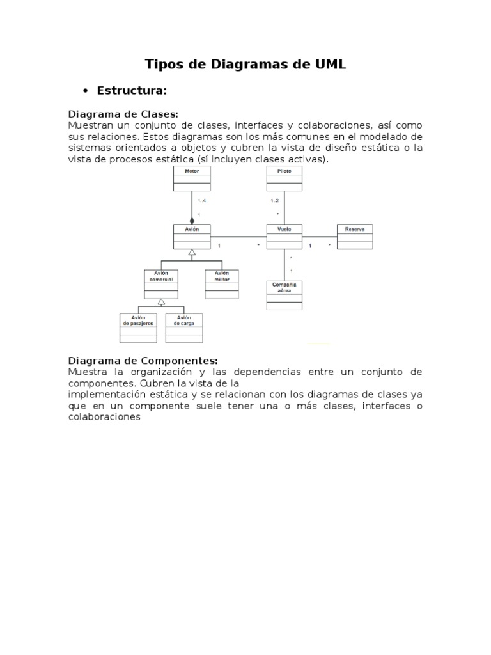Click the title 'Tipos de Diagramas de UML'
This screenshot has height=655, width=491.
click(245, 64)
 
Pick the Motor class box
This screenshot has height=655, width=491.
click(192, 178)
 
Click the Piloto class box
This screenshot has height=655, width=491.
click(284, 178)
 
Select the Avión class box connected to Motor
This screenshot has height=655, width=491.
click(192, 237)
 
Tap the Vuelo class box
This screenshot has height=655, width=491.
click(284, 237)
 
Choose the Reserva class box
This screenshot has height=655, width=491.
click(355, 237)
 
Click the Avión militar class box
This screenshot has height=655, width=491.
click(222, 284)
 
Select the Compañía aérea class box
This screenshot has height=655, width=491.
click(284, 296)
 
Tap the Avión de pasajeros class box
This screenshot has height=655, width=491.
click(138, 327)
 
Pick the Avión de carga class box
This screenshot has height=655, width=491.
click(184, 327)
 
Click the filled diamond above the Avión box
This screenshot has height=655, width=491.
click(192, 221)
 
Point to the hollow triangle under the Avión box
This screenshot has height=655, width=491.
click(191, 253)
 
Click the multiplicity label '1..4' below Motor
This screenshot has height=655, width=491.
click(202, 201)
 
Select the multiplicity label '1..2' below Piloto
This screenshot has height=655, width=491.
click(275, 201)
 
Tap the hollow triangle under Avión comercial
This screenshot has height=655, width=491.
click(161, 302)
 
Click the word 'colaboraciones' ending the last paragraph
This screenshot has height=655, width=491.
click(104, 417)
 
